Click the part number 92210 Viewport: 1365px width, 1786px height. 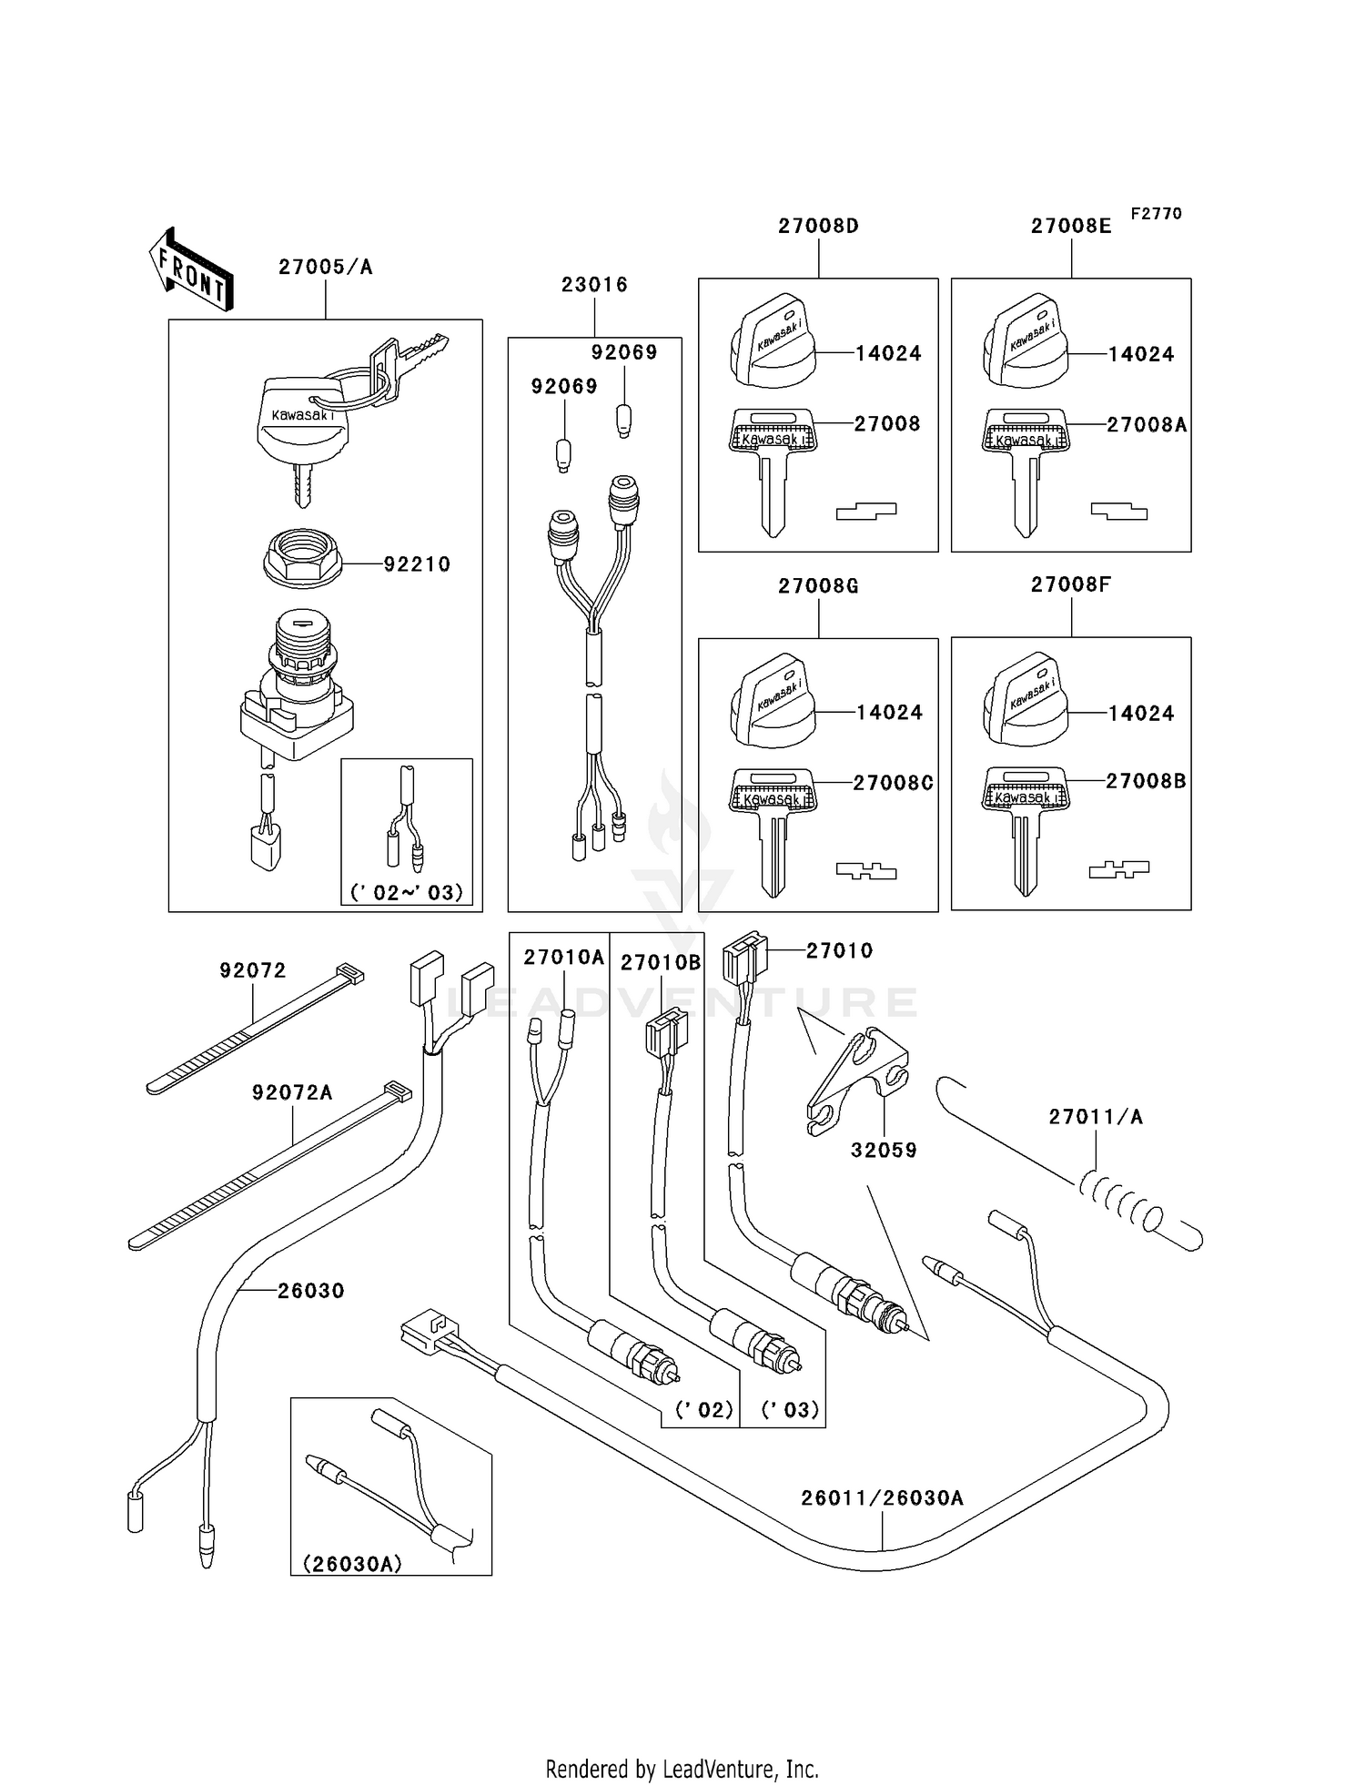417,564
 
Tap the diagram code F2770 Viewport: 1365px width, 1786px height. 1156,214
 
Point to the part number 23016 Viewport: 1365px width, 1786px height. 594,285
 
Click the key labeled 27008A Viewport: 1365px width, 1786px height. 1026,472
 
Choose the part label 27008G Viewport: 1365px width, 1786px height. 818,586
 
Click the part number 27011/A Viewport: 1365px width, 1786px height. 1096,1117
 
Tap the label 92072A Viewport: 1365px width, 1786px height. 292,1092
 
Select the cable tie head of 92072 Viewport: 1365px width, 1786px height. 350,974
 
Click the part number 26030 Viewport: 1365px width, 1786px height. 311,1291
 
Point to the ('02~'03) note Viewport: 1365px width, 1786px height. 407,892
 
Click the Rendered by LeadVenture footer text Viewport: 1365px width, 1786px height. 682,1770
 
